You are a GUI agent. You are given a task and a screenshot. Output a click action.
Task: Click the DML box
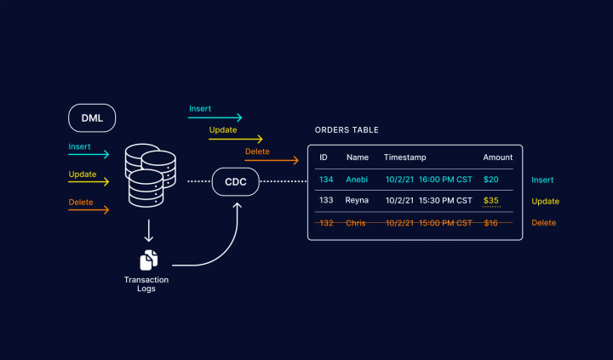92,118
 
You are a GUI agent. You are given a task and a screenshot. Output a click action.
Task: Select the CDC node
235,181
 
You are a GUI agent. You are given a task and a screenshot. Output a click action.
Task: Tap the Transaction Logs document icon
149,260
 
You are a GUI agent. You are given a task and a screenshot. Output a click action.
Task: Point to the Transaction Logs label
146,284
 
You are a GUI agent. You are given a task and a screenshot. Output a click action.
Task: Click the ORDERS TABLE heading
347,130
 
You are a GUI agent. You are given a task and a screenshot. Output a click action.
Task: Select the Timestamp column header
404,157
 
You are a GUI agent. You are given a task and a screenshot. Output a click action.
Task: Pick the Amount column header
498,157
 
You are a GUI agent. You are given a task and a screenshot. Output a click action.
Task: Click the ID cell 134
326,180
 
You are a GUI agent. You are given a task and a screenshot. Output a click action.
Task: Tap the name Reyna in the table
357,201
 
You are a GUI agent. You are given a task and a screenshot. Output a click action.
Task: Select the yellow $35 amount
491,201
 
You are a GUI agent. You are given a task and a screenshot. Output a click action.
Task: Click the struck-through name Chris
356,222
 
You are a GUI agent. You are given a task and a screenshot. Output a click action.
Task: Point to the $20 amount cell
491,180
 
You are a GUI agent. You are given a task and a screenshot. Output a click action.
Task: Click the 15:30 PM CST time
445,201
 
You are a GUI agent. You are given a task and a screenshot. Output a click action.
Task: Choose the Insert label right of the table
543,180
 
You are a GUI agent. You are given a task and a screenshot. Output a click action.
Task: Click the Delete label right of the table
544,222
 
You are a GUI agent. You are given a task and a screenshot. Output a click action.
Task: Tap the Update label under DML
83,174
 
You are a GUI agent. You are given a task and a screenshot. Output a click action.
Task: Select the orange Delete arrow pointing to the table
272,160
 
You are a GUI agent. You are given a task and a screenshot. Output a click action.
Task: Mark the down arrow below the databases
149,230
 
